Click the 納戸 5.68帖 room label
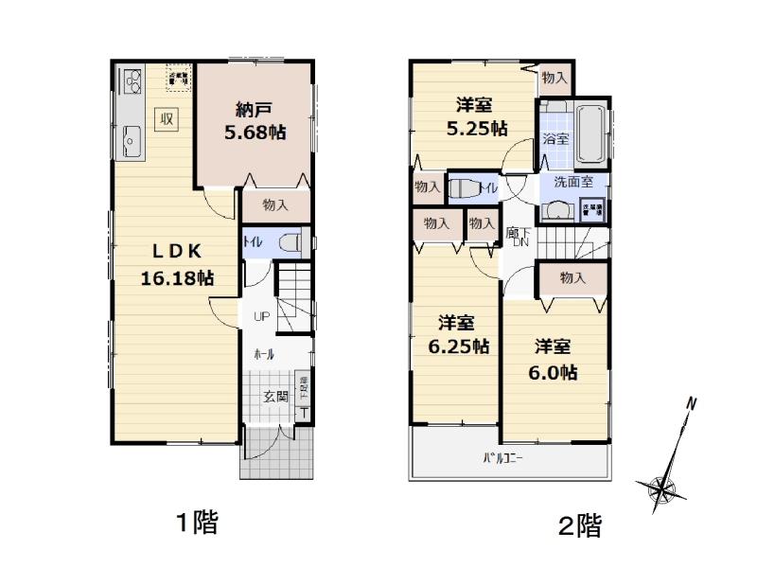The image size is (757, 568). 255,122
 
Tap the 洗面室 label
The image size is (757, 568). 573,181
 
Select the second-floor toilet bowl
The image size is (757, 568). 460,187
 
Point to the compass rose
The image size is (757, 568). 662,487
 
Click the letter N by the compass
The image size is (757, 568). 692,404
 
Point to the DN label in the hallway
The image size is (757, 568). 519,243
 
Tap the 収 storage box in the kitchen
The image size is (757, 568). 166,118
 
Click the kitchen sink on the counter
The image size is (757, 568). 130,142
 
